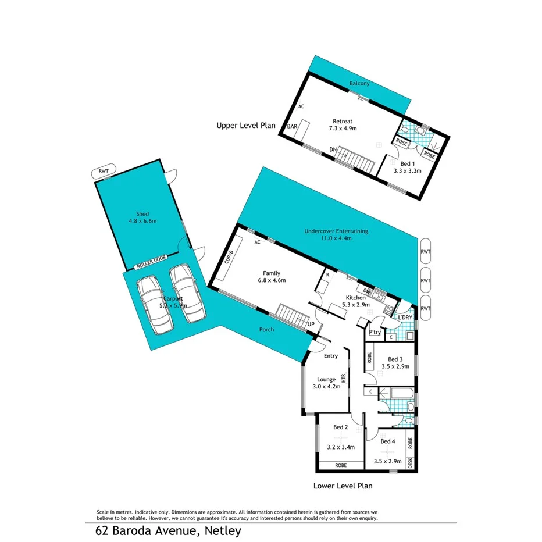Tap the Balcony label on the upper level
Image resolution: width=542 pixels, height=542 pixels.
[x=359, y=84]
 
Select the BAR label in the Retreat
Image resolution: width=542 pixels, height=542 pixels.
[x=292, y=126]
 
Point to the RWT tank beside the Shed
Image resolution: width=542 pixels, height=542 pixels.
[x=104, y=172]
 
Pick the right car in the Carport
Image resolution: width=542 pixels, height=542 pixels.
[x=188, y=294]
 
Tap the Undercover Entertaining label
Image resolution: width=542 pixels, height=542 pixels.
[x=336, y=231]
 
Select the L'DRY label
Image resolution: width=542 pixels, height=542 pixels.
[x=405, y=317]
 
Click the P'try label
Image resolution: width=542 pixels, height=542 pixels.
[x=375, y=332]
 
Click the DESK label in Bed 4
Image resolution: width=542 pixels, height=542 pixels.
[x=409, y=463]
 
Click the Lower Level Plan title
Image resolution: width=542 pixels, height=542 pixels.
[x=343, y=486]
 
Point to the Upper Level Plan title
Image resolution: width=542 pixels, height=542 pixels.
[x=245, y=125]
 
